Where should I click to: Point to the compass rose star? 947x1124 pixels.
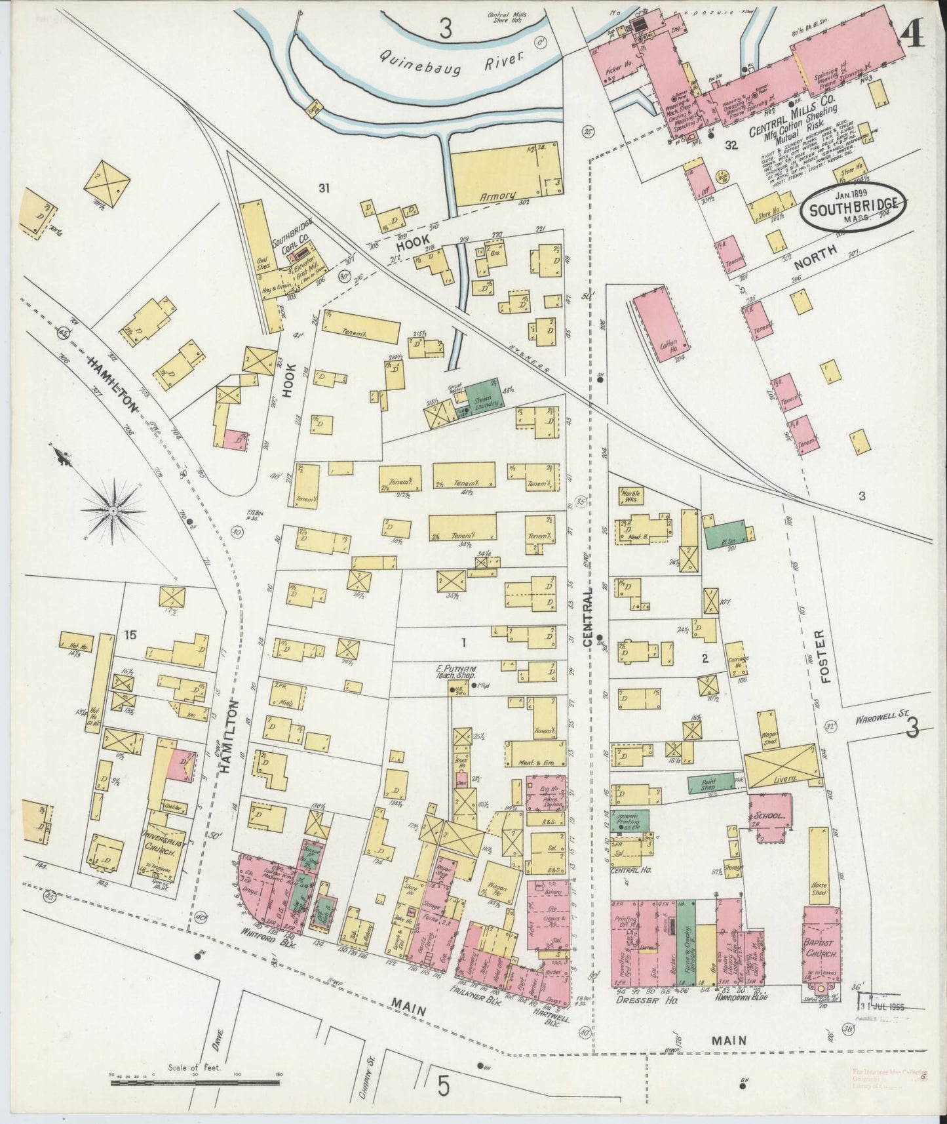click(x=113, y=509)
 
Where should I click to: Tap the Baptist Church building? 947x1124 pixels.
click(x=822, y=941)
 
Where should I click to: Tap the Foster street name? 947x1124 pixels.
click(x=824, y=657)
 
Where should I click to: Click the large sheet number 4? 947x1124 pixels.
click(x=913, y=30)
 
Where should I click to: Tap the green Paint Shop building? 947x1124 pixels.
click(x=711, y=783)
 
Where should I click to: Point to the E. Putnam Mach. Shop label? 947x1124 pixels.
click(x=457, y=672)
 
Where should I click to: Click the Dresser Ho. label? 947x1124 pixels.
click(x=638, y=1001)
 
